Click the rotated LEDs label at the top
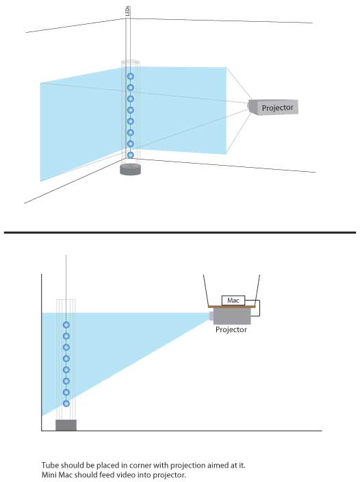tap(128, 11)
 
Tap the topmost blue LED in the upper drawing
tap(131, 76)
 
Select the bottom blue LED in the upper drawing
tap(131, 155)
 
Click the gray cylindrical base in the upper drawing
tap(130, 169)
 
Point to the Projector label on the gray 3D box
tap(277, 107)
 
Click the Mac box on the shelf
tap(233, 301)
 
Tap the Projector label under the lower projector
tap(231, 329)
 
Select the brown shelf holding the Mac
tap(231, 307)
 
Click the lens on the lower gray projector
tap(211, 316)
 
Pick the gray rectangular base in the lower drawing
tap(66, 425)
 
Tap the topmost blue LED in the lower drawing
tap(66, 325)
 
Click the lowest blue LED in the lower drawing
tap(66, 403)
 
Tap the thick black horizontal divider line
tap(180, 232)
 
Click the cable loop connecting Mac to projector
tap(259, 308)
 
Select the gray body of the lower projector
tap(232, 316)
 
